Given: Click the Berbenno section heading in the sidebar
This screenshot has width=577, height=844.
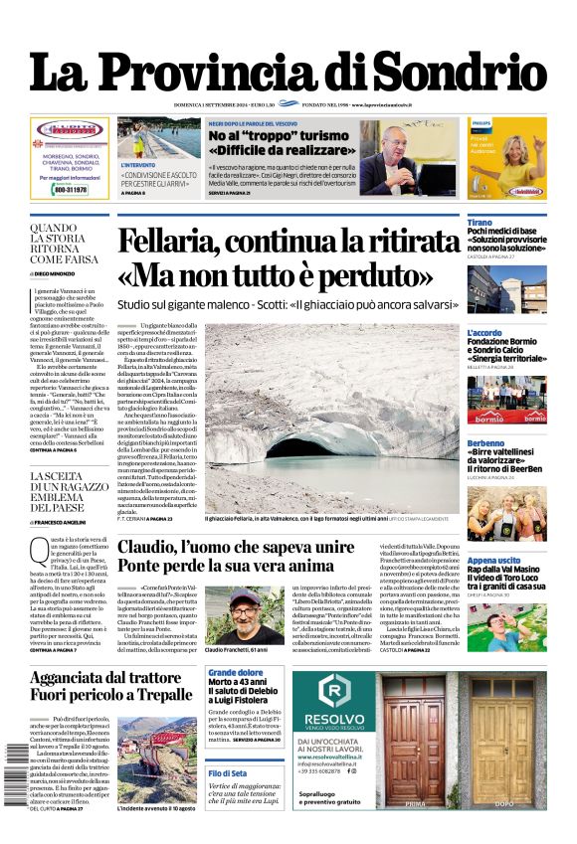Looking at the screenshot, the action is pos(486,442).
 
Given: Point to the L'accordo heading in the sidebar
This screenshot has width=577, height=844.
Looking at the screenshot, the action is pos(486,333).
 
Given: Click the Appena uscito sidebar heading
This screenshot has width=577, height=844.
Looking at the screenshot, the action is pos(494,561).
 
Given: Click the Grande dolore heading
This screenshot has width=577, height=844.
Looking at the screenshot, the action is pos(235,673).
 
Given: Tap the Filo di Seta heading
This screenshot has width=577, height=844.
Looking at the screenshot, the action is pos(227,772).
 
